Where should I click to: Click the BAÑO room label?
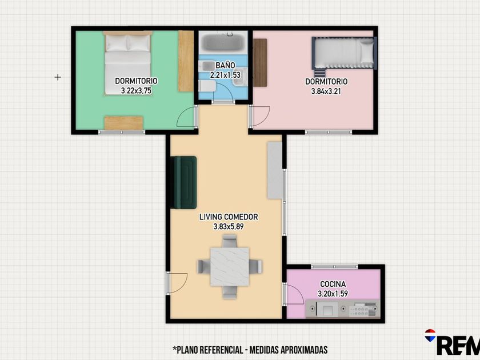pyautogui.click(x=225, y=65)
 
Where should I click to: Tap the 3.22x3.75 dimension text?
pyautogui.click(x=136, y=91)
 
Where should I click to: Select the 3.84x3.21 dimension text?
pyautogui.click(x=326, y=91)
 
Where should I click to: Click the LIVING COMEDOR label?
pyautogui.click(x=229, y=217)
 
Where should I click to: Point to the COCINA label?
pyautogui.click(x=333, y=284)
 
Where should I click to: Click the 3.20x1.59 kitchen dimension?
pyautogui.click(x=333, y=294)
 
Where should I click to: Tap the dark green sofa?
pyautogui.click(x=183, y=182)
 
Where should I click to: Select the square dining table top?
pyautogui.click(x=230, y=267)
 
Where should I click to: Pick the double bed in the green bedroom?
pyautogui.click(x=127, y=63)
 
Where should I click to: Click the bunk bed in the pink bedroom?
pyautogui.click(x=344, y=54)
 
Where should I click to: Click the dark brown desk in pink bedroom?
pyautogui.click(x=260, y=63)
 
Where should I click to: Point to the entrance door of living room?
pyautogui.click(x=177, y=283)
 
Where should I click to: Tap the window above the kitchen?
pyautogui.click(x=334, y=267)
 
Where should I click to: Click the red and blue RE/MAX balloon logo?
pyautogui.click(x=430, y=335)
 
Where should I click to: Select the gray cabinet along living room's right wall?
pyautogui.click(x=275, y=170)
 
